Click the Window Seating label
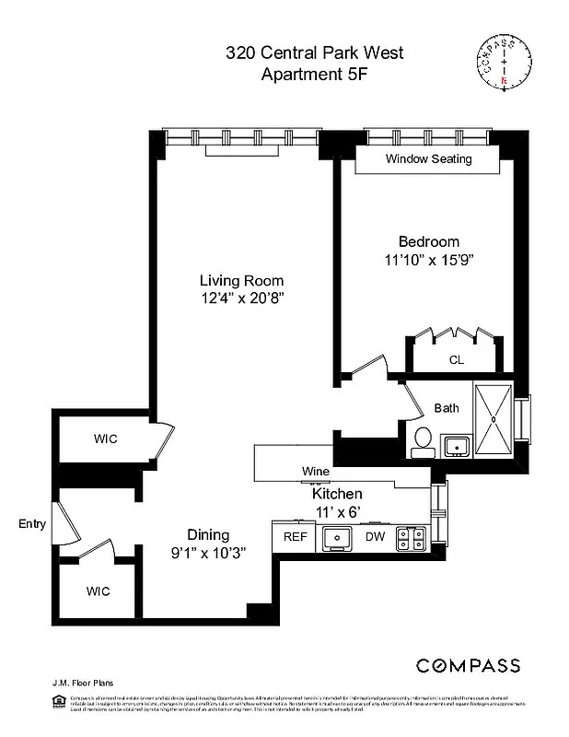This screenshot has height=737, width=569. click(x=428, y=159)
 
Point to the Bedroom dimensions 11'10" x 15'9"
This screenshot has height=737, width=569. click(x=428, y=261)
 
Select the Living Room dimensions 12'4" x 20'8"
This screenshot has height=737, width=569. click(x=241, y=298)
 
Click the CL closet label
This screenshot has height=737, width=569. click(x=456, y=360)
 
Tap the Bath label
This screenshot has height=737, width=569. click(x=447, y=407)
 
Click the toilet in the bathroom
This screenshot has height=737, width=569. click(x=424, y=441)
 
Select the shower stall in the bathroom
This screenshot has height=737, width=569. click(x=497, y=419)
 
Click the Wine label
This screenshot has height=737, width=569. click(x=316, y=472)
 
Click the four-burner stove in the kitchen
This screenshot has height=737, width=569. click(x=410, y=538)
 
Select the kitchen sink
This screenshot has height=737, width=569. click(x=337, y=537)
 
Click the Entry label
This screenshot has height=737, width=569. click(x=31, y=524)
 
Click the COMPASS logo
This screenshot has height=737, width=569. click(x=468, y=665)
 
